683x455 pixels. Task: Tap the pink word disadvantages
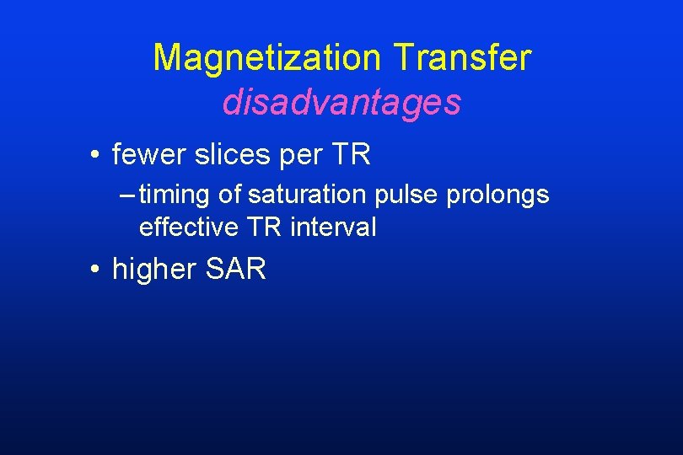pyautogui.click(x=341, y=103)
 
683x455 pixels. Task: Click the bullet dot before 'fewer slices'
pyautogui.click(x=98, y=155)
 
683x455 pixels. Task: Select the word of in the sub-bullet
pyautogui.click(x=229, y=195)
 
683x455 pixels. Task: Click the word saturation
pyautogui.click(x=305, y=195)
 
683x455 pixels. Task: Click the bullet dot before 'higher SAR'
pyautogui.click(x=98, y=270)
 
